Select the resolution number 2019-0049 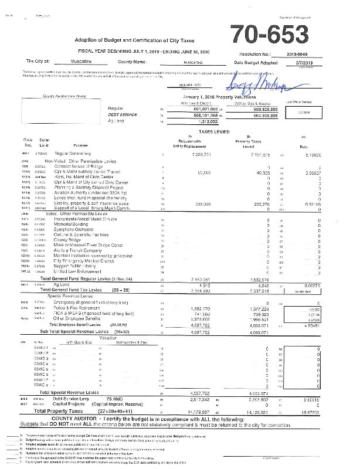point(296,53)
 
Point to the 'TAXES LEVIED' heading point(195,132)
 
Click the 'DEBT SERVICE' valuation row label point(123,115)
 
